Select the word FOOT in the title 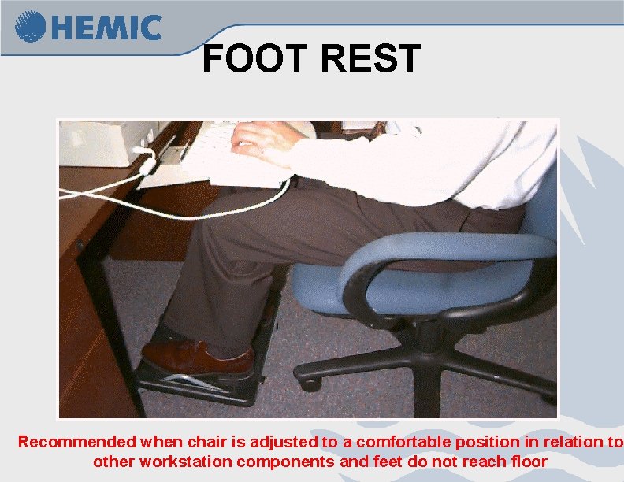pyautogui.click(x=249, y=59)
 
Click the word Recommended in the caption pyautogui.click(x=77, y=442)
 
